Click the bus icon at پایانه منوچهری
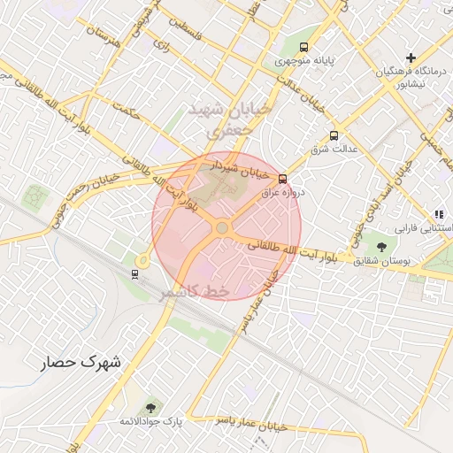click(304, 48)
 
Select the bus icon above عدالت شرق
click(334, 135)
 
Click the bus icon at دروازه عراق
click(282, 178)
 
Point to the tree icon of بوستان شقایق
click(381, 246)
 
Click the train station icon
click(134, 273)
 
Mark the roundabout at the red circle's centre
click(222, 228)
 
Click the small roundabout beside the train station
click(142, 260)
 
